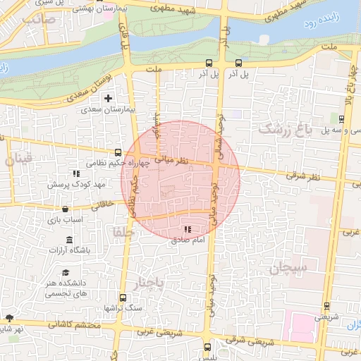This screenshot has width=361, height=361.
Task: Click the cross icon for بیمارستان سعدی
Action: (x=108, y=98)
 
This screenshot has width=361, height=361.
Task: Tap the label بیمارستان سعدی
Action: (x=108, y=110)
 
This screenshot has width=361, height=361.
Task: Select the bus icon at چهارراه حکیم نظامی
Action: (x=118, y=152)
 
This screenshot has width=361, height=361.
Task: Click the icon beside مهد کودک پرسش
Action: (x=76, y=173)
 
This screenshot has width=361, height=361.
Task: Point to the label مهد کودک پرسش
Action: (x=75, y=185)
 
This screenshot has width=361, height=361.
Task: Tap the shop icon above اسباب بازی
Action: (x=66, y=209)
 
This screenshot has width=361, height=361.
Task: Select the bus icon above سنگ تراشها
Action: (x=123, y=298)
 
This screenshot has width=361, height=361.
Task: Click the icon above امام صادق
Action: (x=188, y=229)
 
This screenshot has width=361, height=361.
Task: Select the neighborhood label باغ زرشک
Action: (x=285, y=129)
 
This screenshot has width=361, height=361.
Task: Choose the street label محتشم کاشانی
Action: (x=71, y=325)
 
